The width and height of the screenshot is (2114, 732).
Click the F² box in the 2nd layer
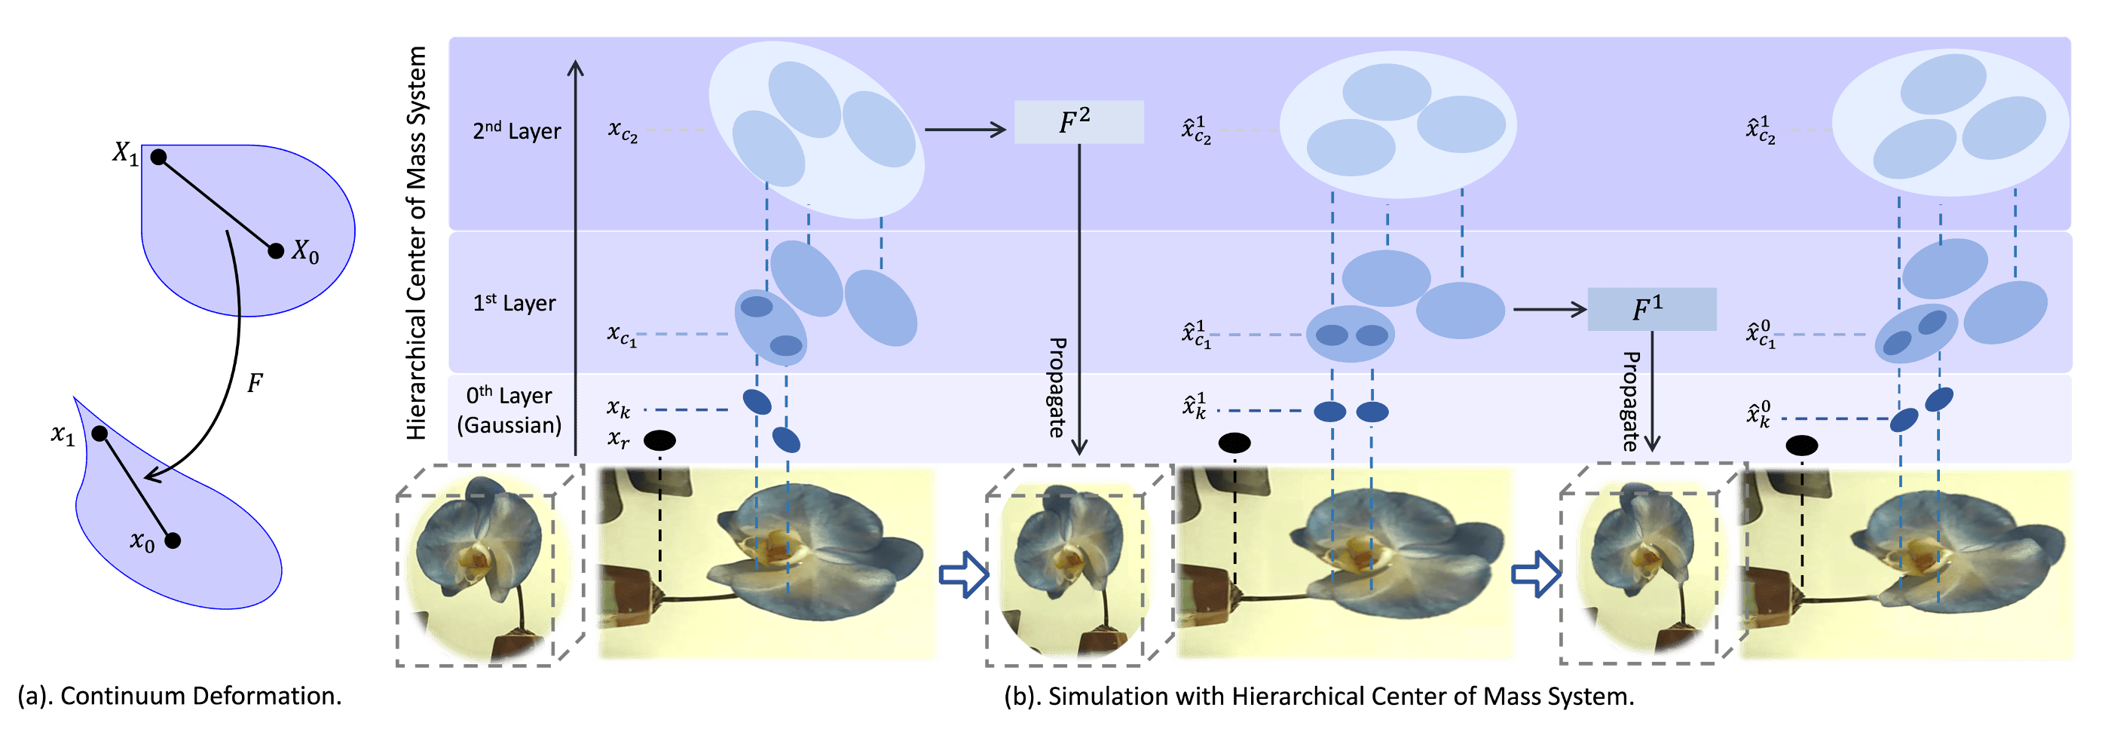click(1078, 122)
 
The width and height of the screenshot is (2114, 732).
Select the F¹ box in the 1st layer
click(1651, 309)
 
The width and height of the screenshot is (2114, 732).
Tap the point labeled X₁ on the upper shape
click(159, 157)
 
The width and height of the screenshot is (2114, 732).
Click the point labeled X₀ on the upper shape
click(276, 250)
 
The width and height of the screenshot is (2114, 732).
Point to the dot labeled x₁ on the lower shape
click(99, 433)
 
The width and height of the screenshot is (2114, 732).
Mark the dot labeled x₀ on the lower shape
click(173, 540)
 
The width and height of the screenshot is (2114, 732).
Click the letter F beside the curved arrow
click(255, 383)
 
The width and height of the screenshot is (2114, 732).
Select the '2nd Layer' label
click(516, 131)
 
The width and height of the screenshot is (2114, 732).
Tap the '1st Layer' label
click(514, 304)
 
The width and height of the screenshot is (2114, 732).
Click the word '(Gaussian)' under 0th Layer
click(509, 425)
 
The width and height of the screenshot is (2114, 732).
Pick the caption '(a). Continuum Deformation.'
click(179, 696)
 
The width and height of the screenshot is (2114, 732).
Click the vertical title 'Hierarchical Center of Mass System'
click(417, 242)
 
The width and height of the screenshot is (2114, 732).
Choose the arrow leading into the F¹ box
click(1550, 309)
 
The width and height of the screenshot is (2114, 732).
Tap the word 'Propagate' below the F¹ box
click(1632, 401)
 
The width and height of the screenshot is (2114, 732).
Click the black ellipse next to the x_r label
click(659, 441)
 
